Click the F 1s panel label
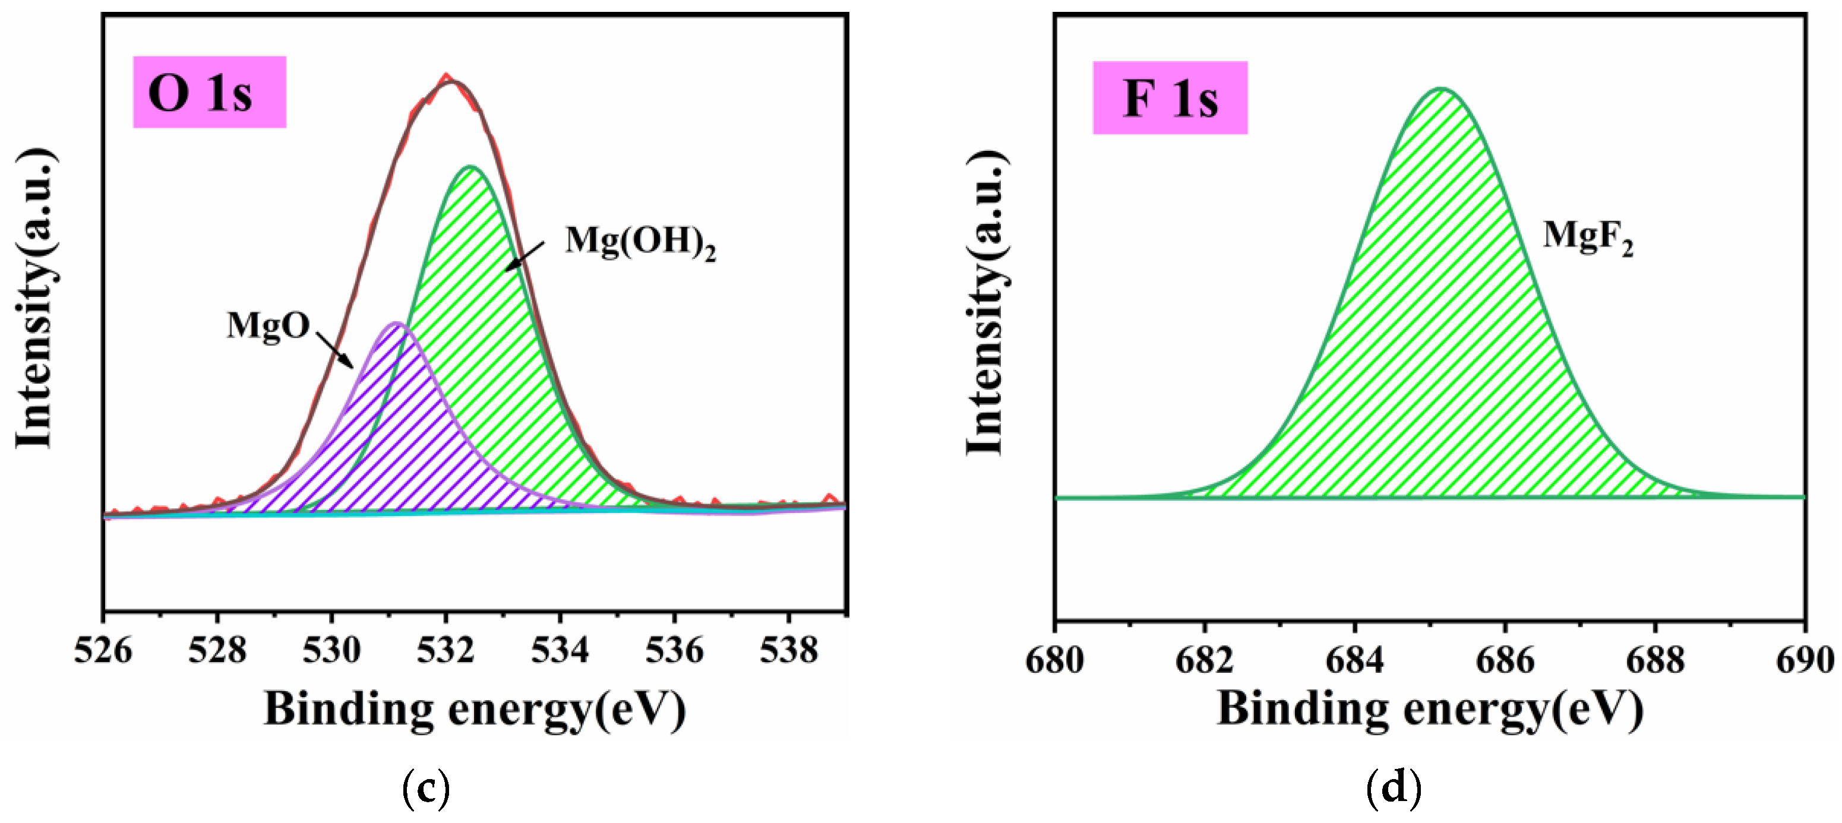pos(1170,98)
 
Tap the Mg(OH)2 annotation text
pos(640,242)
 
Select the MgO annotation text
pos(268,326)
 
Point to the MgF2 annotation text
pos(1587,236)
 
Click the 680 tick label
pos(1055,659)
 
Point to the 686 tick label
pos(1505,659)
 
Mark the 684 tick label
pos(1355,659)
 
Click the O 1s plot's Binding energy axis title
pos(475,710)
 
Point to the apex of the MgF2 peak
pos(1441,90)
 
